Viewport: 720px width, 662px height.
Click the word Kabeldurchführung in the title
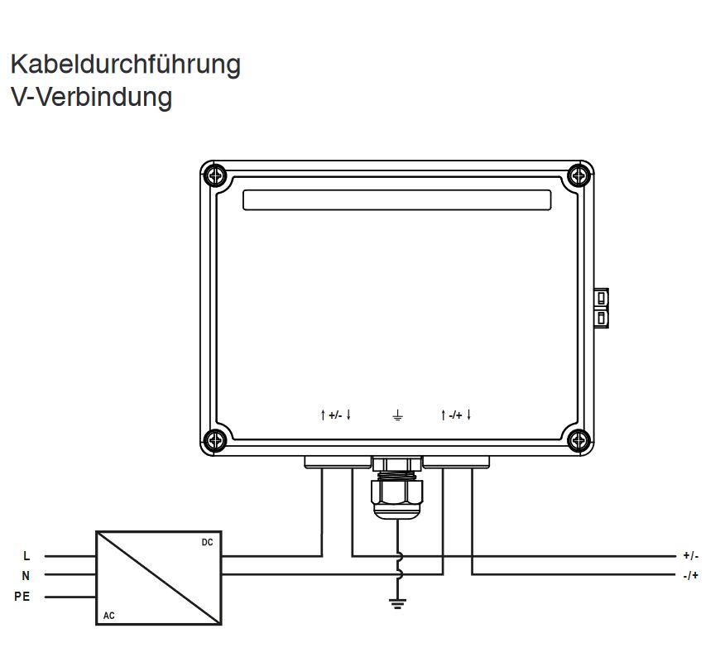coord(125,65)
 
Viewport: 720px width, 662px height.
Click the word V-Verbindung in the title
coord(91,97)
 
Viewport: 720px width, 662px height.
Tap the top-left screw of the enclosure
coord(215,175)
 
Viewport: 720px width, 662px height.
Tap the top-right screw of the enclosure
coord(579,175)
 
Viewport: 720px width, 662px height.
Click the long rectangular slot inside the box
coord(396,200)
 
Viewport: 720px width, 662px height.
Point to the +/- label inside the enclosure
coord(335,415)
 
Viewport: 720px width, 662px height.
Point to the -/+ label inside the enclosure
coord(455,415)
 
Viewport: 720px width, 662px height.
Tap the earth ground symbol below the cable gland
coord(398,603)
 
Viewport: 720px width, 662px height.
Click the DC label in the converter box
coord(207,543)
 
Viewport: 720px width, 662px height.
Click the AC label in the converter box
coord(109,616)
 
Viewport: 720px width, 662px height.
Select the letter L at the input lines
coord(26,556)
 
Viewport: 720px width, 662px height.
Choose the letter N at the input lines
coord(26,576)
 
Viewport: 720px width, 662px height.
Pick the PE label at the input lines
coord(22,596)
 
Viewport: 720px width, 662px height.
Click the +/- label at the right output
coord(690,556)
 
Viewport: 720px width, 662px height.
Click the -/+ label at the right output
coord(690,576)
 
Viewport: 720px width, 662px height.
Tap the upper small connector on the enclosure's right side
coord(602,297)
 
